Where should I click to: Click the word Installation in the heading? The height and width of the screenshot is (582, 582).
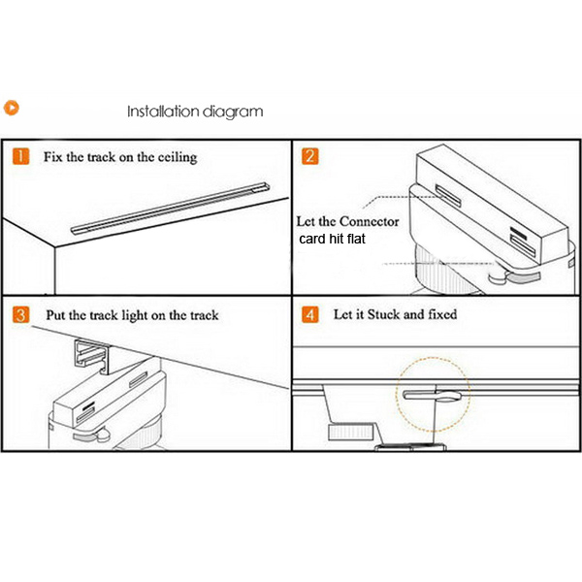[x=162, y=112]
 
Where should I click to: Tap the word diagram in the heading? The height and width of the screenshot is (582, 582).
[x=232, y=112]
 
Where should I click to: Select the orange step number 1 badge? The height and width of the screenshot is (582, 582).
[x=19, y=157]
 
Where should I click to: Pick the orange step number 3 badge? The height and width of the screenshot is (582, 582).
[x=19, y=314]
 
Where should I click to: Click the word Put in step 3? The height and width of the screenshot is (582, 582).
[x=57, y=315]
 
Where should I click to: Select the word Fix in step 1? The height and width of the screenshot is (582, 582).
[x=54, y=157]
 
